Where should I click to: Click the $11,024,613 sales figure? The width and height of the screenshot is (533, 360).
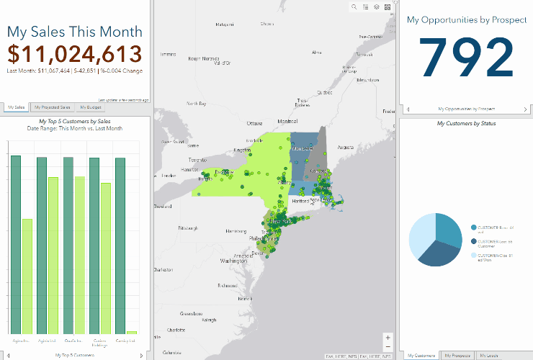tap(75, 55)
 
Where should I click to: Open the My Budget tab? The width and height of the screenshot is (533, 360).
tap(91, 107)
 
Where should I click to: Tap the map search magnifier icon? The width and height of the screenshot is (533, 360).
tap(354, 6)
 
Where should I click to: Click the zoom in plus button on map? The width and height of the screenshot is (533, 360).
tap(388, 337)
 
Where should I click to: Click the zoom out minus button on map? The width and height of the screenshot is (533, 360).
tap(388, 346)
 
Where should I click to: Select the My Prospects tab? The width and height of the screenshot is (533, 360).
tap(457, 355)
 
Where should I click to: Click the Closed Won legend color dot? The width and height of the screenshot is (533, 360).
tap(472, 256)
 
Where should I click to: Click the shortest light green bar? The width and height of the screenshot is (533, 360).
tap(132, 332)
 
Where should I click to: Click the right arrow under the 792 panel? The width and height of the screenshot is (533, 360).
tap(527, 109)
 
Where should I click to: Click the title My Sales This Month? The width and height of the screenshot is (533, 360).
tap(75, 32)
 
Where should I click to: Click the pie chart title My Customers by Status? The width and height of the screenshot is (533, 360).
tap(466, 123)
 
